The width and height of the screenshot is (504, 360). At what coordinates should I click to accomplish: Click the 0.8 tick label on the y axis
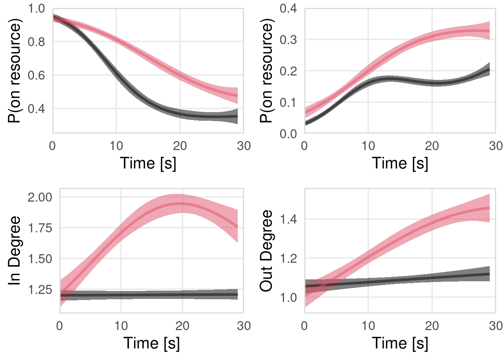[x=36, y=42]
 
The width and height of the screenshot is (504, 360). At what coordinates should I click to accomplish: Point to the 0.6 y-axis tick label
[x=36, y=75]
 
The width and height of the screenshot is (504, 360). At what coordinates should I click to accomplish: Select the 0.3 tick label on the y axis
[x=288, y=40]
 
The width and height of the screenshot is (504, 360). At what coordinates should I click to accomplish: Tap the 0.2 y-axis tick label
[x=288, y=71]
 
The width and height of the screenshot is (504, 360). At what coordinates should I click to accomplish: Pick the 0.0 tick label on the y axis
[x=288, y=134]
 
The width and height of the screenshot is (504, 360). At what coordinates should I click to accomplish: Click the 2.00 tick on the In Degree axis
[x=40, y=197]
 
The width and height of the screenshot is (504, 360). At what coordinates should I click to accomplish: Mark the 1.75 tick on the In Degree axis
[x=40, y=228]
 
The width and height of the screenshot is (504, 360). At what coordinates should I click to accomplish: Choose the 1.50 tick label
[x=40, y=259]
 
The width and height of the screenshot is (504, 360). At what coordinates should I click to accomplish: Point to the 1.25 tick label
[x=40, y=289]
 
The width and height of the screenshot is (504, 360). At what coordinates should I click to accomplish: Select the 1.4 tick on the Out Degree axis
[x=288, y=219]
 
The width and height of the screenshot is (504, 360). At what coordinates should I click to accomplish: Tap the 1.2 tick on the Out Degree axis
[x=288, y=258]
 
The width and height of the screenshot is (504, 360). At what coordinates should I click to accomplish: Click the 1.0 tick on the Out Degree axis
[x=288, y=298]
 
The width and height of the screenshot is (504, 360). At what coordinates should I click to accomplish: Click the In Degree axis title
[x=14, y=250]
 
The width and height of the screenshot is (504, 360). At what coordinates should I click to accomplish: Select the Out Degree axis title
[x=266, y=250]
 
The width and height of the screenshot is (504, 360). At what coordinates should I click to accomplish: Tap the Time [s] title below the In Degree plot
[x=151, y=343]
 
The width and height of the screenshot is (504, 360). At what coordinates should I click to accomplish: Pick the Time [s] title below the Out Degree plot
[x=400, y=343]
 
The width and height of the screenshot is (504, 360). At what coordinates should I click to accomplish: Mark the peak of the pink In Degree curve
[x=182, y=204]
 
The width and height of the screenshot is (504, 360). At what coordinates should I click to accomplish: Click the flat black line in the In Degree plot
[x=150, y=295]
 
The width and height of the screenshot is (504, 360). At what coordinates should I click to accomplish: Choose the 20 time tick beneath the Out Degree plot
[x=432, y=326]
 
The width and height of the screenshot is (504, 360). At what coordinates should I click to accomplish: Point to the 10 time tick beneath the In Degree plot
[x=121, y=326]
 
